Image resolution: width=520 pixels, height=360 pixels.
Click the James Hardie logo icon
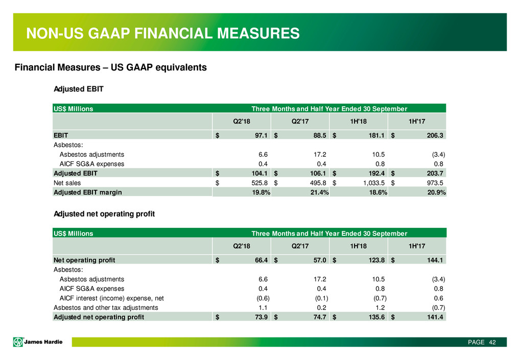18,342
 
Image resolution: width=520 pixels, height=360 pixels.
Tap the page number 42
492,342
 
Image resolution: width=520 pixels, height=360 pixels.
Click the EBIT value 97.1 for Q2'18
261,135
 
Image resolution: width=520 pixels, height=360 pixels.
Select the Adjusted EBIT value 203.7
435,174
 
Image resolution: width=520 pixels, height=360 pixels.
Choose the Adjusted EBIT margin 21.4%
319,193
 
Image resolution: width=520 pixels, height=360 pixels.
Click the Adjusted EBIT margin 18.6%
378,193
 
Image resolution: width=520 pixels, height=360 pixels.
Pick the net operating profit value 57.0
320,260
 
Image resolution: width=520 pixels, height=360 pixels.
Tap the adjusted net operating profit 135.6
376,317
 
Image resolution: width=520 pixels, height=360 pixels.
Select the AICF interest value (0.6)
263,298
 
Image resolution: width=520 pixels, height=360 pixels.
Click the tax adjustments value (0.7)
438,307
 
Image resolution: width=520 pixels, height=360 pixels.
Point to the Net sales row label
67,183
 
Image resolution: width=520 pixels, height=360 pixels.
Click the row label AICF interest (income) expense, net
111,298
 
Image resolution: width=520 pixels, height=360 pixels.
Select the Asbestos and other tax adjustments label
106,307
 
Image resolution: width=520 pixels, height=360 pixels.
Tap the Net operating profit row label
84,260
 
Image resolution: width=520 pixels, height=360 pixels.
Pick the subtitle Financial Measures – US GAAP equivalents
110,67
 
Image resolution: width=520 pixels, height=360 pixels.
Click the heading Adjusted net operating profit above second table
104,214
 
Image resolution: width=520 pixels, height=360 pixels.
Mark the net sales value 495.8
318,183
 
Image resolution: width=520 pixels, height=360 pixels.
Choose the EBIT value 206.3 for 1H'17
435,135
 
